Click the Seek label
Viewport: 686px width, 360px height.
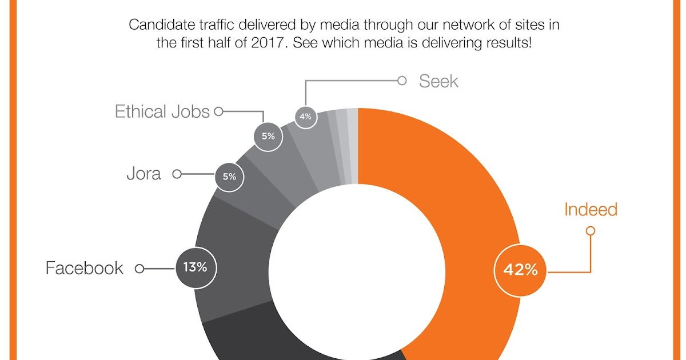tap(438, 81)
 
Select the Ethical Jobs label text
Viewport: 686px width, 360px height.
tap(162, 111)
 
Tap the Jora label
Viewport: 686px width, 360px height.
tap(143, 174)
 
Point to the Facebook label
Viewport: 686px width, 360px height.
tap(84, 268)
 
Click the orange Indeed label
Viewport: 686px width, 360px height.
tap(591, 210)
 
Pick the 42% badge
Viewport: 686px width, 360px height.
tap(520, 270)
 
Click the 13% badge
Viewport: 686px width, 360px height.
tap(195, 267)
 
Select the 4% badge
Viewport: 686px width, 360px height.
tap(305, 117)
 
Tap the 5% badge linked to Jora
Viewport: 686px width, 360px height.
tap(229, 177)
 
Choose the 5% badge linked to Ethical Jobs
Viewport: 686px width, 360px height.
tap(268, 137)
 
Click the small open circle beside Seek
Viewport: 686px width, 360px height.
tap(402, 81)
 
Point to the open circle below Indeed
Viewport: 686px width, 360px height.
tap(591, 231)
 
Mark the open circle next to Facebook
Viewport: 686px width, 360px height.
tap(139, 267)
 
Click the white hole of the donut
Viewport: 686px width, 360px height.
tap(354, 269)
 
